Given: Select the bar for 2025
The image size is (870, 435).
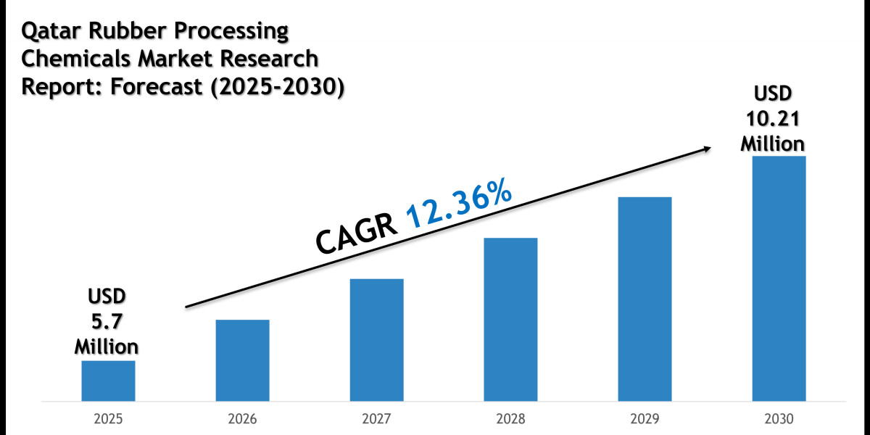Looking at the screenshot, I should coord(108,381).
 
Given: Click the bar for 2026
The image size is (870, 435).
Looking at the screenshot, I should coord(242,360).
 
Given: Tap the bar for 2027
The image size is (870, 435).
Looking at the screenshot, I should coord(376,339).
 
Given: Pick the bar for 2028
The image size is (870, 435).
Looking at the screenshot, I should coord(510,319).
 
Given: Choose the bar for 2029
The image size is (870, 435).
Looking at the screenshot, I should coord(645,299).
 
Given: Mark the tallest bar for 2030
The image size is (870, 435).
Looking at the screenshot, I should coord(779,278).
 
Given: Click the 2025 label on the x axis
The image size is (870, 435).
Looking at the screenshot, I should coord(108,419).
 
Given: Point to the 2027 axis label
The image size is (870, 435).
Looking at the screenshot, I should coord(376,419).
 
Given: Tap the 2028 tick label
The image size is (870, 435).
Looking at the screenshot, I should coord(510,419).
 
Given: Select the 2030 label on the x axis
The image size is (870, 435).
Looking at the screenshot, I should coord(779,419).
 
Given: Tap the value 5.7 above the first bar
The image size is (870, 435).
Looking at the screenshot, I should coord(107,320).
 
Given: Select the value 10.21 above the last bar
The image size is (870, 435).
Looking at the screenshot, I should coord(772,118).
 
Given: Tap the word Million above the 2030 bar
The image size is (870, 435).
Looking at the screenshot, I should coord(772,143).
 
